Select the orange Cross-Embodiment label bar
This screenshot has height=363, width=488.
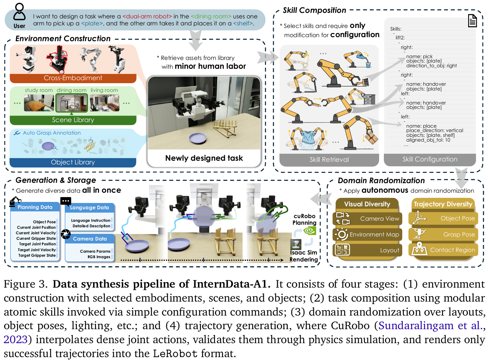tap(73, 78)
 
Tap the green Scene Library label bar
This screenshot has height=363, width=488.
tap(73, 120)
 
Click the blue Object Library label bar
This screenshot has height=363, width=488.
tap(73, 162)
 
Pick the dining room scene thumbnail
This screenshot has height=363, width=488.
tap(71, 103)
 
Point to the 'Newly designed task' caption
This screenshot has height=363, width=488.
tap(204, 158)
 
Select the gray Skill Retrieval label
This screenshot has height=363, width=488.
tap(329, 160)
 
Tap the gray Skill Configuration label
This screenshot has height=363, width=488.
tap(430, 159)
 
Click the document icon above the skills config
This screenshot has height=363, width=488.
tap(472, 21)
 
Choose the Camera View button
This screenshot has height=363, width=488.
tap(368, 218)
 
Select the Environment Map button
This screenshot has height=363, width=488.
tap(368, 234)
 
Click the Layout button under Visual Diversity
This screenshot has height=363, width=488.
tap(368, 250)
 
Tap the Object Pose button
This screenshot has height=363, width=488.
tap(443, 218)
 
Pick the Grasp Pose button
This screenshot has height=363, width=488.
tap(443, 234)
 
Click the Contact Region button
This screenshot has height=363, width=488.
tap(443, 250)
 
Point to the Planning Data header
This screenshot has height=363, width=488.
tap(35, 207)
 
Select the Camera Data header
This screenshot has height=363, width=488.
tap(90, 239)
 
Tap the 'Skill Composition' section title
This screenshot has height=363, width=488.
tap(314, 10)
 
